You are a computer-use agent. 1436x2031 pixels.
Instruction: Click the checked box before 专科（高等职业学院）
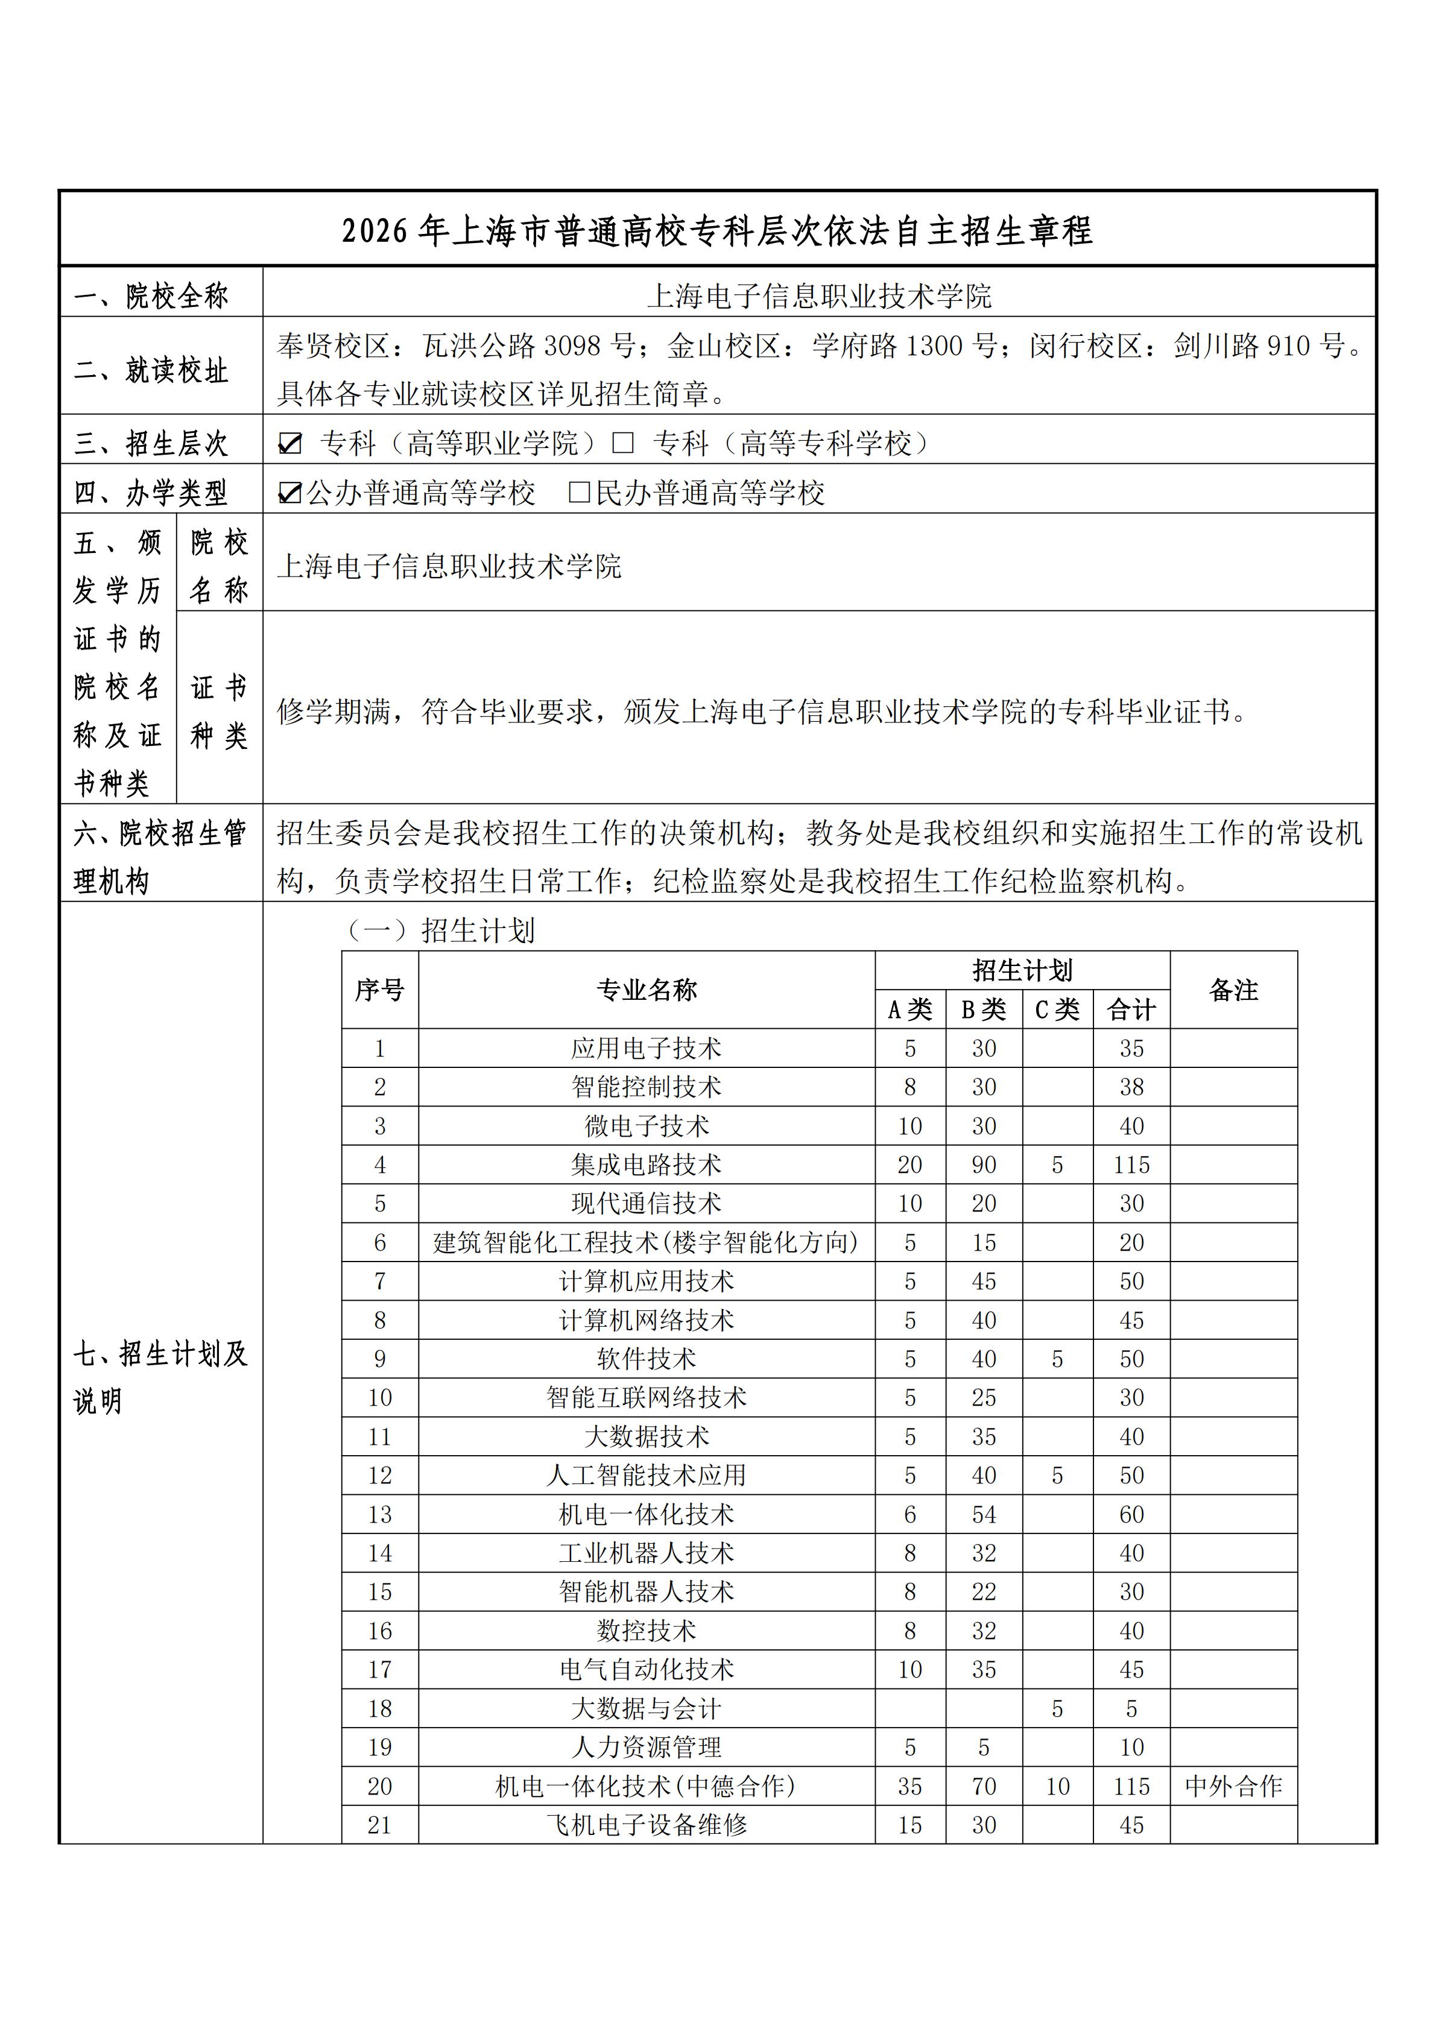tap(289, 443)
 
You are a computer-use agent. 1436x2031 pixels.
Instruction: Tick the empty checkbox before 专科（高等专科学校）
tap(623, 443)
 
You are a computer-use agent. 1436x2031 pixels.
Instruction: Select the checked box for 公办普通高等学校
tap(289, 493)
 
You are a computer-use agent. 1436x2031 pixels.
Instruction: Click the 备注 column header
tap(1233, 990)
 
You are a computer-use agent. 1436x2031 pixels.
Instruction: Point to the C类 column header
tap(1057, 1009)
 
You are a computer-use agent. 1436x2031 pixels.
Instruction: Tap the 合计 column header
tap(1131, 1009)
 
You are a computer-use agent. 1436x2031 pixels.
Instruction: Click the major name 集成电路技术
tap(646, 1165)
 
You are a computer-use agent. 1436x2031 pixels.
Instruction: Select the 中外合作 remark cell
tap(1233, 1786)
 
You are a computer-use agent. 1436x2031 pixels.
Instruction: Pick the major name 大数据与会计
tap(646, 1708)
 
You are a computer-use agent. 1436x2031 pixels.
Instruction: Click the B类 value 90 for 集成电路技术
tap(984, 1165)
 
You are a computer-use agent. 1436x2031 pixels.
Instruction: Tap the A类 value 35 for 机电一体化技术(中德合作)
tap(909, 1786)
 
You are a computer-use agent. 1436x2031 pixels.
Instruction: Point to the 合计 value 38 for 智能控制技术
tap(1131, 1087)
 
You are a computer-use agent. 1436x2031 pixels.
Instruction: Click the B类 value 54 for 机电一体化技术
tap(984, 1514)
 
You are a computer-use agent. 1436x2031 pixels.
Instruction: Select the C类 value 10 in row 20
tap(1057, 1786)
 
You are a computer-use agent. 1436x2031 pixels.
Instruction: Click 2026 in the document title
tap(375, 232)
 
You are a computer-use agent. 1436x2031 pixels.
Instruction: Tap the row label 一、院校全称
tap(151, 295)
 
